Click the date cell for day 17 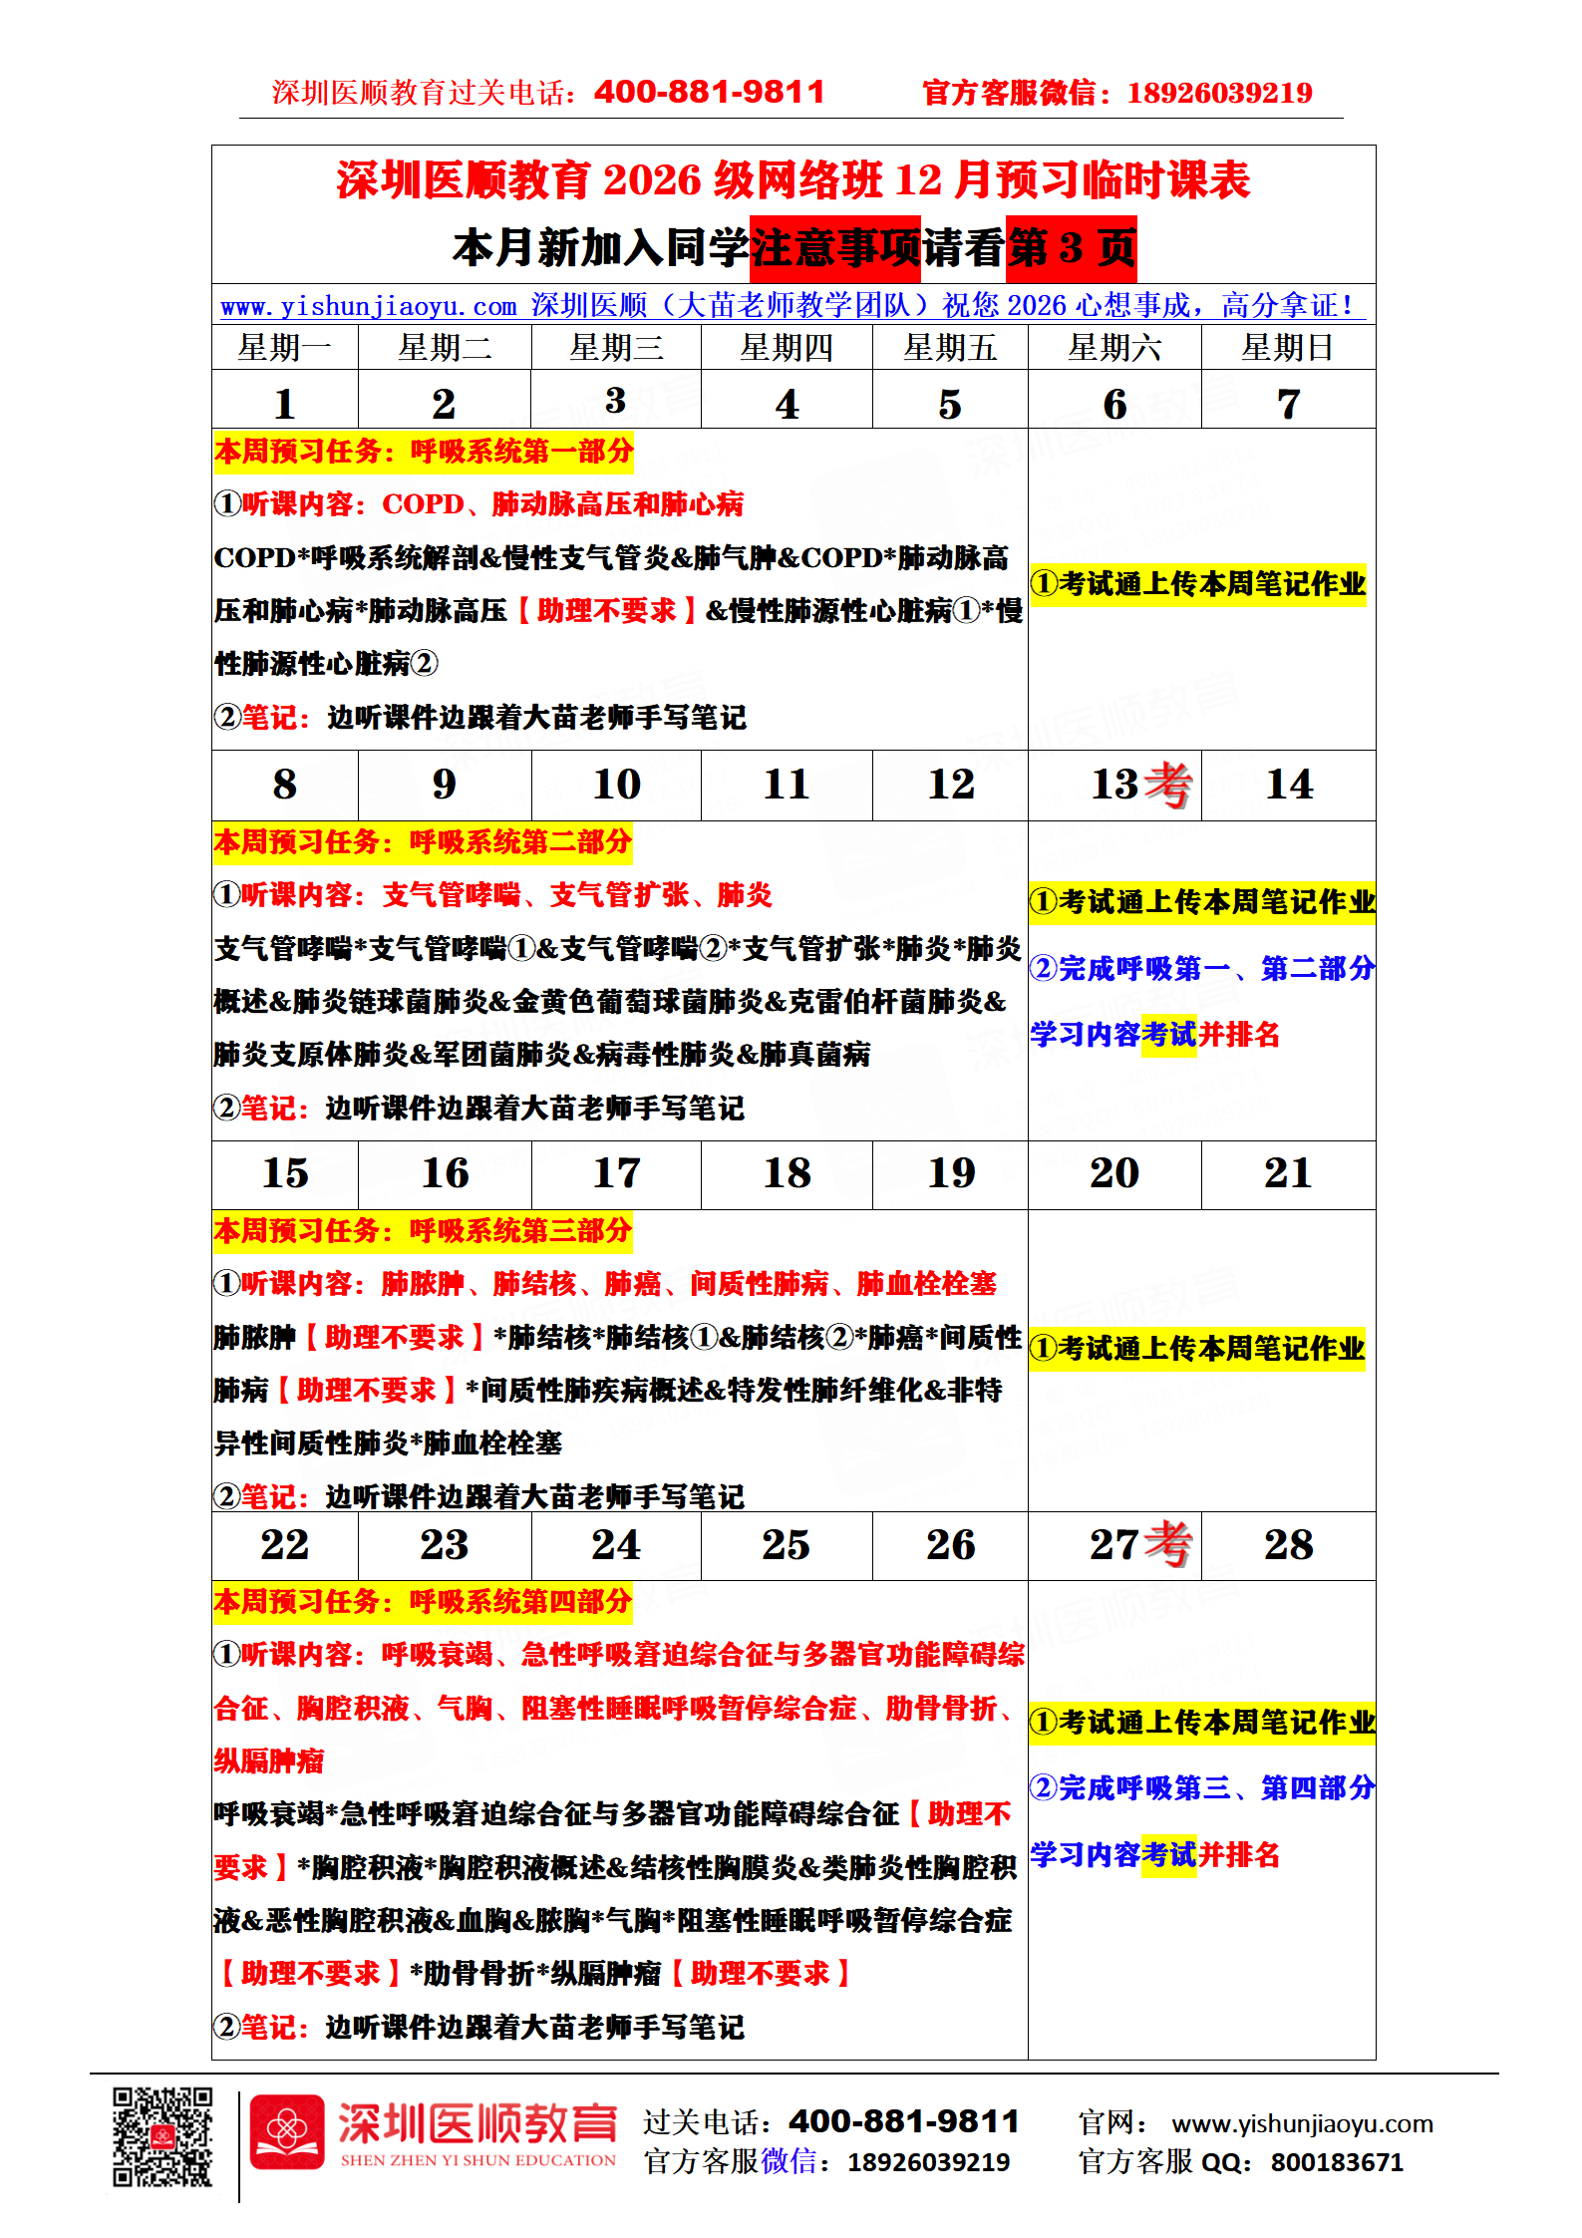tap(616, 1173)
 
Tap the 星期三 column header tap(616, 348)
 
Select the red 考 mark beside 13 tap(1167, 784)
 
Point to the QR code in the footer tap(162, 2135)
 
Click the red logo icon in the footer tap(287, 2132)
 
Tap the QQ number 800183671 tap(1336, 2162)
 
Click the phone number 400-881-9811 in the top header tap(710, 92)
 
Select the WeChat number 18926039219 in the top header tap(1219, 93)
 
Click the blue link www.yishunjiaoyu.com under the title tap(369, 306)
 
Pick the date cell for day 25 tap(786, 1545)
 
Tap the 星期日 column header tap(1287, 348)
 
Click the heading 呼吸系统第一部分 tap(521, 452)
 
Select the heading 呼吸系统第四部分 tap(520, 1602)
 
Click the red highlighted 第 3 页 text tap(1072, 248)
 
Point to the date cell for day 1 tap(285, 404)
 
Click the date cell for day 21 tap(1287, 1173)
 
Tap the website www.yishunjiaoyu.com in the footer tap(1302, 2123)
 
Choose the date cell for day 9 tap(445, 785)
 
